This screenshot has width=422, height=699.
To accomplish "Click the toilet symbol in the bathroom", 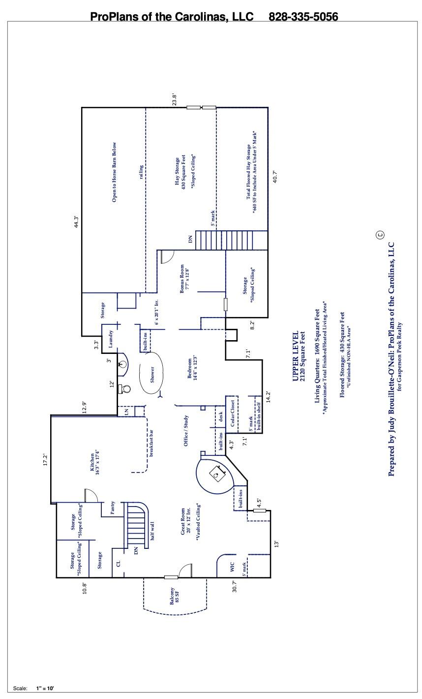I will (x=126, y=388).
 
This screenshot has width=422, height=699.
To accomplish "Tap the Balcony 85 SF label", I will (x=174, y=596).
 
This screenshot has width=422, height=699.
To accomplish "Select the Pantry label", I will (x=113, y=508).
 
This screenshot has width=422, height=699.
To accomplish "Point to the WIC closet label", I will (x=232, y=567).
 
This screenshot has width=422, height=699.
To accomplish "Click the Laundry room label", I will (x=111, y=339).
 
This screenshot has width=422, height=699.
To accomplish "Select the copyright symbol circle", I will (x=380, y=235).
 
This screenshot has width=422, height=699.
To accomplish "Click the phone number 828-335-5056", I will (x=303, y=17).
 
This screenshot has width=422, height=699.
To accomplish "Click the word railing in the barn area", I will (x=142, y=172).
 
